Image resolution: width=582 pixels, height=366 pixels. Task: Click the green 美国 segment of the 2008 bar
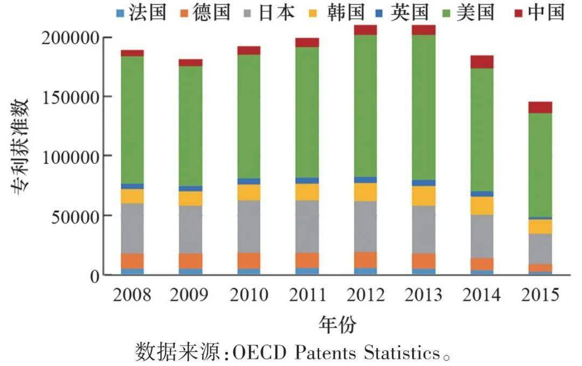click(132, 120)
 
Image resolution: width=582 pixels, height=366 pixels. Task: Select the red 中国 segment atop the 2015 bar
click(540, 107)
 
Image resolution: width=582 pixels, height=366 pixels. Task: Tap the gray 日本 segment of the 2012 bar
click(365, 227)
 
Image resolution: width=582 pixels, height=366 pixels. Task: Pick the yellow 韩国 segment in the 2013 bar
click(424, 196)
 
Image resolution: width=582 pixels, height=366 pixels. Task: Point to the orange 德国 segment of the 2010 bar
click(248, 261)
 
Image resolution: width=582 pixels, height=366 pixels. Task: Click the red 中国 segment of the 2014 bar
click(482, 62)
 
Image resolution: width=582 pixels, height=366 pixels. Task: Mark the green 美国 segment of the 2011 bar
click(307, 112)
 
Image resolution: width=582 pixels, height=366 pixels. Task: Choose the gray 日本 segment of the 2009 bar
click(190, 229)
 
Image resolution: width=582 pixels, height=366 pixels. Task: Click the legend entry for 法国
click(141, 12)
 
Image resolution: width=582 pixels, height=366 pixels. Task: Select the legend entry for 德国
click(205, 12)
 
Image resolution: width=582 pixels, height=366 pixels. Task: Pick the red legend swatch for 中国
click(518, 13)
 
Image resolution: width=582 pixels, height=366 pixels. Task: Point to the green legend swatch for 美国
click(447, 13)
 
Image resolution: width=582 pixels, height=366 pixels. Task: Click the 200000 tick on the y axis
click(71, 38)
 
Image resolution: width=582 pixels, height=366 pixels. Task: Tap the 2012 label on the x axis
click(365, 295)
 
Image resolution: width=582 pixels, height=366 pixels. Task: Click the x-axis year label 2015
click(540, 295)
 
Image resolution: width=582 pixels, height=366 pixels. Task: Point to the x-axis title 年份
click(337, 325)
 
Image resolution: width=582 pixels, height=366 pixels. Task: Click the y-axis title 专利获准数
click(20, 146)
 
